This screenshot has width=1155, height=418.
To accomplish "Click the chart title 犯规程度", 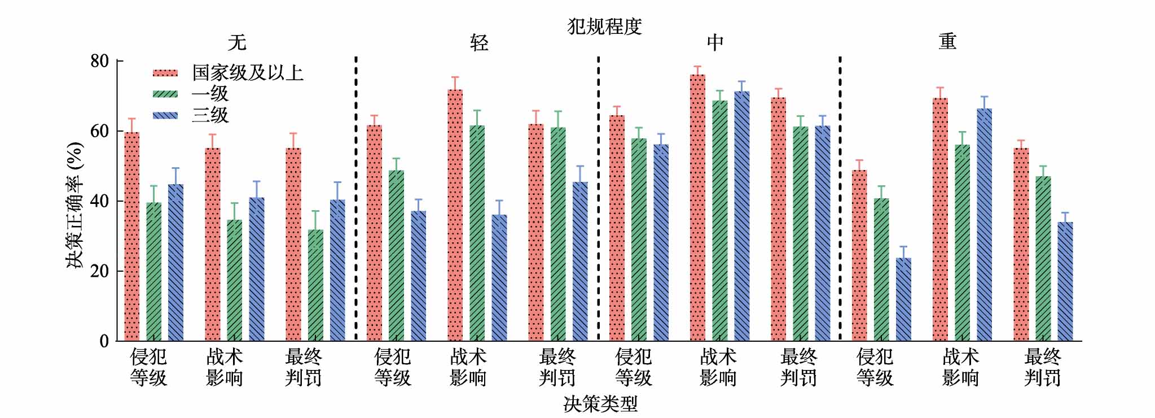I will pos(604,26).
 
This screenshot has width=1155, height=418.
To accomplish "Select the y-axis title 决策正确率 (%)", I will pos(76,204).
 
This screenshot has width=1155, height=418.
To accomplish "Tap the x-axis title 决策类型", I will pos(600,404).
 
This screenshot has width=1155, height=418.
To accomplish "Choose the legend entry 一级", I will pos(210,94).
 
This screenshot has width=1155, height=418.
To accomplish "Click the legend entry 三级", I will pos(210,115).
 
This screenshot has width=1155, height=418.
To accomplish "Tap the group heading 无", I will pos(237,42).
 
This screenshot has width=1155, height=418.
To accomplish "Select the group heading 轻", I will pos(479,42).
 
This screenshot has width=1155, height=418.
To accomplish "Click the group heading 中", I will pos(715,42).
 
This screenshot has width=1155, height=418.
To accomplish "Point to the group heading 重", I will pos(947,41).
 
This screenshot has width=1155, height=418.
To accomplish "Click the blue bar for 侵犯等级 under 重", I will pos(903,299).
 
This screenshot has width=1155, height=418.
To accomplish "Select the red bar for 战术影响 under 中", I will pos(697,208).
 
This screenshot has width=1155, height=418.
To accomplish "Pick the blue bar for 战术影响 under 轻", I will pos(499,278).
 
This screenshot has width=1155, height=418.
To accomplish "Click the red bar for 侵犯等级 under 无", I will pos(131,237).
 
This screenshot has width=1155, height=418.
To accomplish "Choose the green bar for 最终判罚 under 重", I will pos(1043,259).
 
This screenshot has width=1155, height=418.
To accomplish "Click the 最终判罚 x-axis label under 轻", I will pos(557,367).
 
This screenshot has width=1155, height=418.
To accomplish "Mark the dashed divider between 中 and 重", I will pos(840,198).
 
